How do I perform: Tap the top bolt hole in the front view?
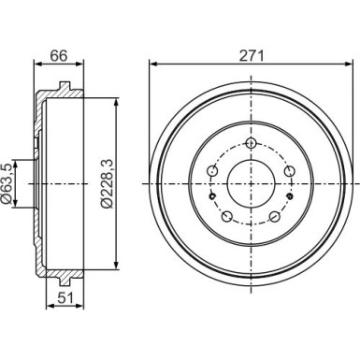coord(250,143)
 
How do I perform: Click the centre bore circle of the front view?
coord(250,180)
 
